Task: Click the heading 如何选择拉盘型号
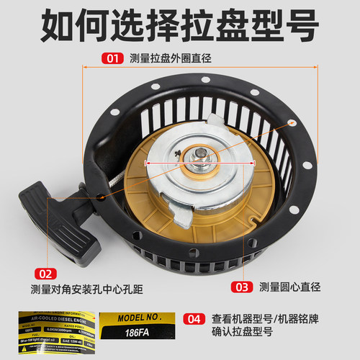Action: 179,25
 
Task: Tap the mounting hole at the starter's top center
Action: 205,78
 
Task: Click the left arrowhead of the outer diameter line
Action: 86,70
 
